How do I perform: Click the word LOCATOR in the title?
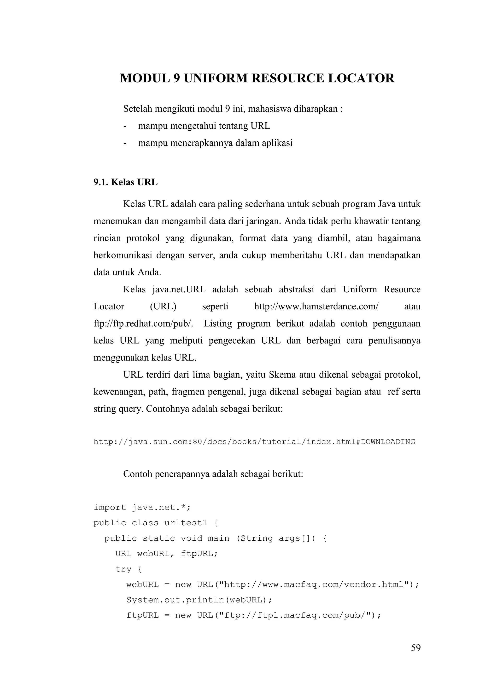[361, 78]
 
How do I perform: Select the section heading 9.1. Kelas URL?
[125, 182]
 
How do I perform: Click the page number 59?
[416, 648]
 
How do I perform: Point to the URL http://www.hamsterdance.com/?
[316, 307]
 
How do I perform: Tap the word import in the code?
[110, 508]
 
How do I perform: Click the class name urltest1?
[186, 523]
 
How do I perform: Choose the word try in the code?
[123, 569]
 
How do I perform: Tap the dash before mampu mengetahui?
[125, 126]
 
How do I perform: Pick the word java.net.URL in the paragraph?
[179, 289]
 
